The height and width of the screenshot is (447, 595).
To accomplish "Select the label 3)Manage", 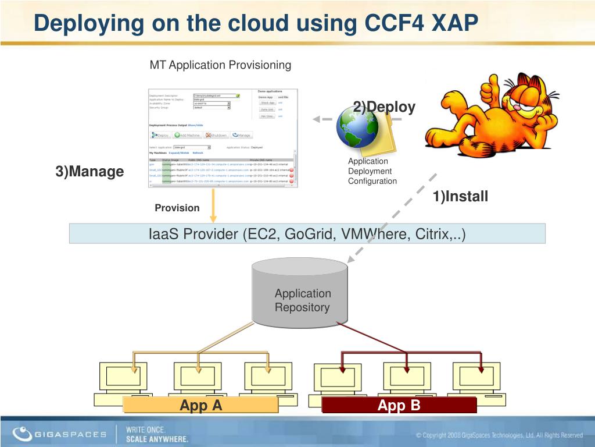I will click(89, 172).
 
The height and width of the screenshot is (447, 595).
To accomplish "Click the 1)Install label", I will click(460, 197).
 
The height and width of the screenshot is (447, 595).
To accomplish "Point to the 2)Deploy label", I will click(384, 107).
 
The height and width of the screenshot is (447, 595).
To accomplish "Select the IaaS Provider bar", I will click(307, 234).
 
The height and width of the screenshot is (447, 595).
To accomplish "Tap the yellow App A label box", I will click(201, 405).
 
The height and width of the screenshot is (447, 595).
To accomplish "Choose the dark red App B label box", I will click(399, 405).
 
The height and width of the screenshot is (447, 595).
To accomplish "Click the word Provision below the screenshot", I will click(177, 208).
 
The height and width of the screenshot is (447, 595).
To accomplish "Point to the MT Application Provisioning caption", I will click(220, 65).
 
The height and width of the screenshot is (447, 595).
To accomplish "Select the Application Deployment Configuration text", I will click(372, 171).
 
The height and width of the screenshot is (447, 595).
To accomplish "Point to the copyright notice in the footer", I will click(499, 435).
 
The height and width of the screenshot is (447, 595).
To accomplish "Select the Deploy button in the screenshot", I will click(160, 135).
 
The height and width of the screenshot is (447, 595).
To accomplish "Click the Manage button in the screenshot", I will click(241, 135).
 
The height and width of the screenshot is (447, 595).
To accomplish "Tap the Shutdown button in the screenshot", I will click(216, 135).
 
